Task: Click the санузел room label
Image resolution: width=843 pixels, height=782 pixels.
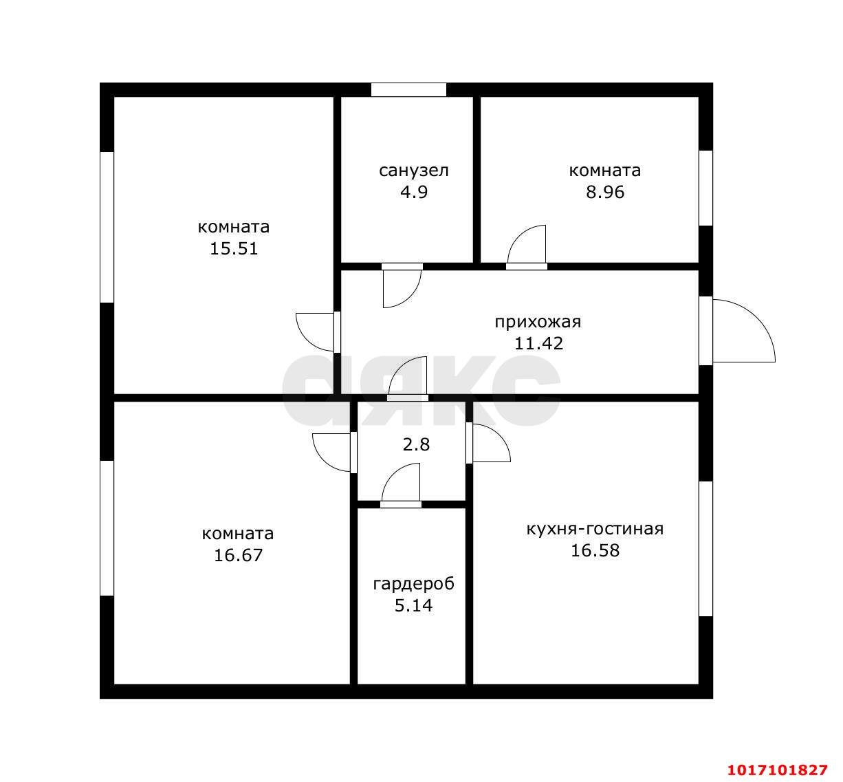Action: tap(413, 171)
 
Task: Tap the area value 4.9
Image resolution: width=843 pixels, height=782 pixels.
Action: tap(414, 193)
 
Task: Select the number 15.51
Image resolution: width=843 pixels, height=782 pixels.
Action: tap(234, 249)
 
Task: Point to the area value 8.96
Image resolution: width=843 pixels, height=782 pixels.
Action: tap(605, 193)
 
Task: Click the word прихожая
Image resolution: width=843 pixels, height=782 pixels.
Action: tap(538, 323)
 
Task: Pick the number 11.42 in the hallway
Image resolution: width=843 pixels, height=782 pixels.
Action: tap(538, 344)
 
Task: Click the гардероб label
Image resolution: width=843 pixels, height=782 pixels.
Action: tap(413, 585)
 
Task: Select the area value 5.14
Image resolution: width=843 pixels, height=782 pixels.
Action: tap(413, 606)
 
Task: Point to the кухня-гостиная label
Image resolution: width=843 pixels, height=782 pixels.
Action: tap(595, 530)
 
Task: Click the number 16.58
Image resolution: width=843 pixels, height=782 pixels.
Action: tap(595, 550)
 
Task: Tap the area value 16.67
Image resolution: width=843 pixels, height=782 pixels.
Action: tap(238, 556)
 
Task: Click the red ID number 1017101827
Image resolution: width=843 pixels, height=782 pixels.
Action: tap(778, 770)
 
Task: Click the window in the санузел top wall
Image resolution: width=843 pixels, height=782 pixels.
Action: tap(408, 89)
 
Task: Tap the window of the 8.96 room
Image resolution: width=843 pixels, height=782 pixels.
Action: tap(706, 188)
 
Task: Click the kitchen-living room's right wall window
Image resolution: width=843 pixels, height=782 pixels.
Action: tap(706, 549)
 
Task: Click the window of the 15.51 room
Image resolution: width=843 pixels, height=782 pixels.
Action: tap(107, 227)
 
